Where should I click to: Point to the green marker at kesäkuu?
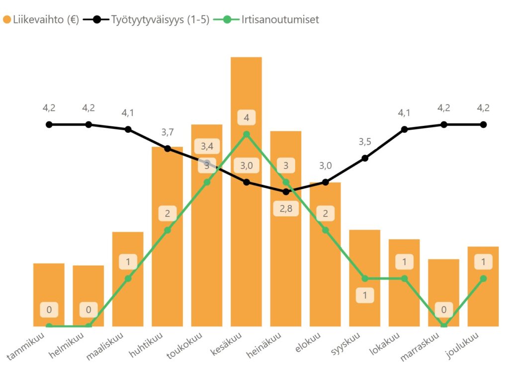247,134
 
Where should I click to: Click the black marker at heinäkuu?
286,191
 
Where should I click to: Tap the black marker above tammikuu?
49,124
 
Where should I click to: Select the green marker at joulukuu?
483,279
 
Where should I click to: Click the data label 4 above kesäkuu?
247,118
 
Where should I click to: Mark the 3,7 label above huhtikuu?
168,132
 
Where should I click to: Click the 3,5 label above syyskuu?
365,142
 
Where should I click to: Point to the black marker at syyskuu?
365,158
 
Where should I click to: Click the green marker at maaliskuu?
128,279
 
